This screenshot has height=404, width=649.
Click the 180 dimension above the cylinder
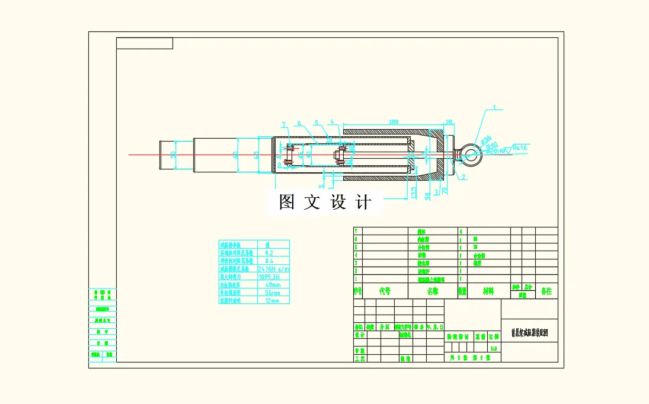(392, 122)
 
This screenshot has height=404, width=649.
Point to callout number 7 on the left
(284, 124)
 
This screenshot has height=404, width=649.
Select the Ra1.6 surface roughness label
(520, 147)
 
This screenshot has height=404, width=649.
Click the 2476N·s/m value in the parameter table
(274, 268)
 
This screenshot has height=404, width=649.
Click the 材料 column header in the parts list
(488, 291)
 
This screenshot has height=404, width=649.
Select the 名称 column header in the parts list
(433, 291)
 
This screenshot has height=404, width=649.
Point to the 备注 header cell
(545, 291)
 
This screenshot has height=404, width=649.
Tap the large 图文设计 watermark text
(325, 203)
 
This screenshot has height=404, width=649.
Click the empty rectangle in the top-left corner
(145, 43)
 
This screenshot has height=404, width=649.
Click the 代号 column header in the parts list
(385, 291)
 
